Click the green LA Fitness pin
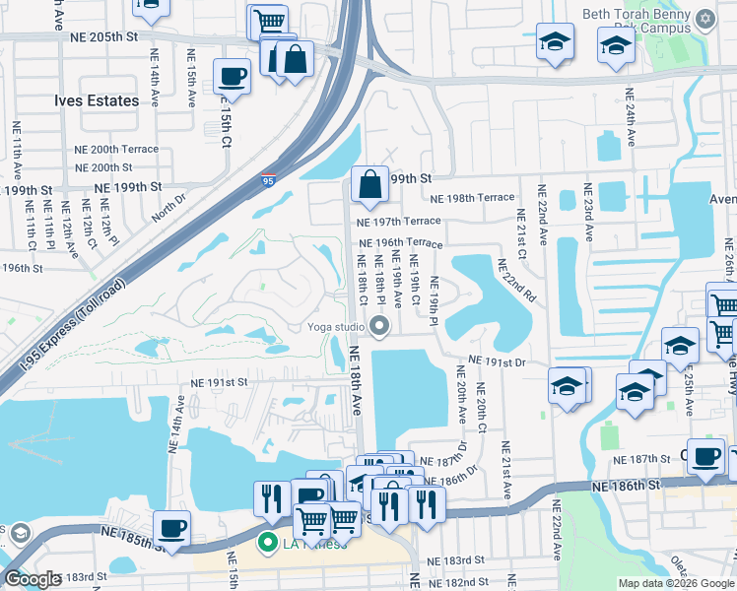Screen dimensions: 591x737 [x=265, y=543]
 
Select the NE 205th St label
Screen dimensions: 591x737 [x=102, y=36]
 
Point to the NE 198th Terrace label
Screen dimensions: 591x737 [x=472, y=198]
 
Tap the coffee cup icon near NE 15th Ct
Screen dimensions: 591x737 [x=233, y=76]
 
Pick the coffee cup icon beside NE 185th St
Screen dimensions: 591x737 [x=171, y=527]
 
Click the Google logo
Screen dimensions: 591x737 [x=33, y=579]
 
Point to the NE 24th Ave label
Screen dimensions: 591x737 [x=629, y=117]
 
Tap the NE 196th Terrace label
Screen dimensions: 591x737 [x=400, y=242]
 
